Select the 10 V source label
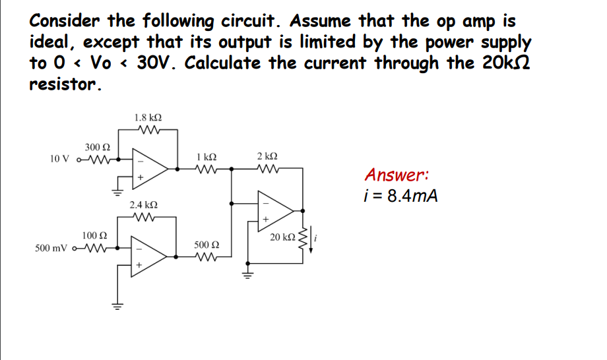coord(59,159)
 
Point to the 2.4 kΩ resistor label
coord(143,206)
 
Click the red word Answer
coord(397,175)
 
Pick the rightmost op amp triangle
coord(273,210)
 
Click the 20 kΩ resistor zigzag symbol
coord(303,237)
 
